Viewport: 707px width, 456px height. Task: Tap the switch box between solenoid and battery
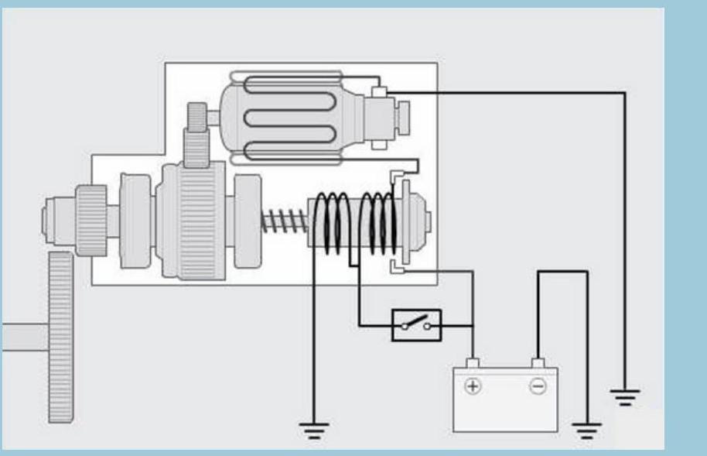coord(416,325)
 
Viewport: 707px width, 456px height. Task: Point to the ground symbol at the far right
coord(625,396)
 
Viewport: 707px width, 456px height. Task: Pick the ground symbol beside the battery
coord(588,428)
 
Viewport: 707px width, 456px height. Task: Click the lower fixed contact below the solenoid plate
coord(395,267)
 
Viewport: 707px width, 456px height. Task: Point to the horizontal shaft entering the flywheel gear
coord(23,338)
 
